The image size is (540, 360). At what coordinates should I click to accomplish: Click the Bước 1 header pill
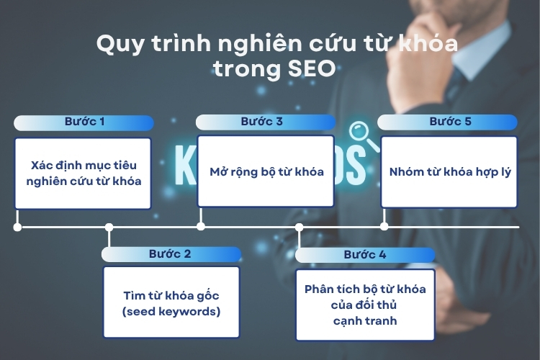point(84,122)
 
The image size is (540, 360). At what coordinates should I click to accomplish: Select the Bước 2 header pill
point(171,254)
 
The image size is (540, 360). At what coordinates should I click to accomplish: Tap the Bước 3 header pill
point(266,122)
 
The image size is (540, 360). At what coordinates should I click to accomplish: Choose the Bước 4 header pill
point(365,256)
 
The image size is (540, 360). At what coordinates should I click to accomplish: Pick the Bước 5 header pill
point(447,122)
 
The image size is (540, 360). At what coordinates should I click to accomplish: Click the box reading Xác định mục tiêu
point(83,174)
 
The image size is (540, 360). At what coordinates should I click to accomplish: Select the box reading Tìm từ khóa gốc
point(171,302)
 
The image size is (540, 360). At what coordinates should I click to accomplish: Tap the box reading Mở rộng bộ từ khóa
point(266,171)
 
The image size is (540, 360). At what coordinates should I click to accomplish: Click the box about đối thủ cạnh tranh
point(365,305)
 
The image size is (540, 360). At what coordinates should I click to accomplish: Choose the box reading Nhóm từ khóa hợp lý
point(449,172)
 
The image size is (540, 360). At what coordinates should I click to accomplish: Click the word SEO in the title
point(312,68)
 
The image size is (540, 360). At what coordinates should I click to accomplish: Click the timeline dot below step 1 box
point(17,227)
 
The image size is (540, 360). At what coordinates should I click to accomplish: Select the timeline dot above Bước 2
point(109,227)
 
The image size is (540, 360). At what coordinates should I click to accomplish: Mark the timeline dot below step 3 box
point(201,226)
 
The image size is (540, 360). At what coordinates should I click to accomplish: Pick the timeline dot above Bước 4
point(299,227)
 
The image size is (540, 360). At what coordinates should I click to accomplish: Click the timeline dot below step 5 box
point(384,226)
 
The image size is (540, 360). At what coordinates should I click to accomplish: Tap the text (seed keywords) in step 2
point(171,312)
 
